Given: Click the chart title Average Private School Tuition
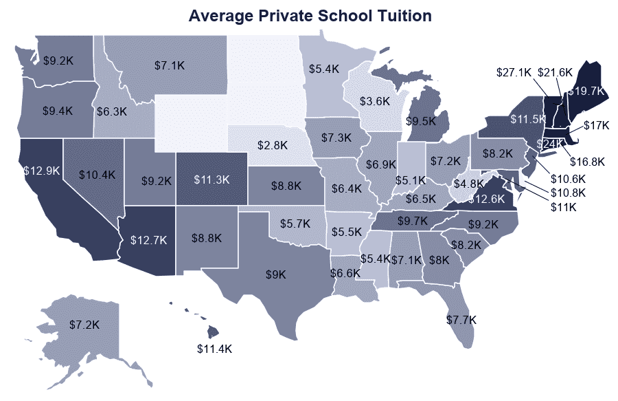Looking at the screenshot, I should tap(310, 16).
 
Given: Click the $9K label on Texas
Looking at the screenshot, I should tap(277, 274).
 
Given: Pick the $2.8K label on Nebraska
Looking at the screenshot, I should tap(273, 146).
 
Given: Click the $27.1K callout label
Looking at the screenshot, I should tap(514, 72).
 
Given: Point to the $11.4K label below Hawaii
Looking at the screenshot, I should tap(215, 349).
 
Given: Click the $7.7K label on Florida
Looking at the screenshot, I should tap(461, 320).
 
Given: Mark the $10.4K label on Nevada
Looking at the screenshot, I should tap(96, 175).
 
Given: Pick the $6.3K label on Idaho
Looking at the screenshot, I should tap(111, 111).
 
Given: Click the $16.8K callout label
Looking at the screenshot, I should tap(588, 162).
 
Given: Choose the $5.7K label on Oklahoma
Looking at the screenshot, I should tap(296, 224).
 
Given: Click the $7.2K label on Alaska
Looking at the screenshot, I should tap(84, 323).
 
